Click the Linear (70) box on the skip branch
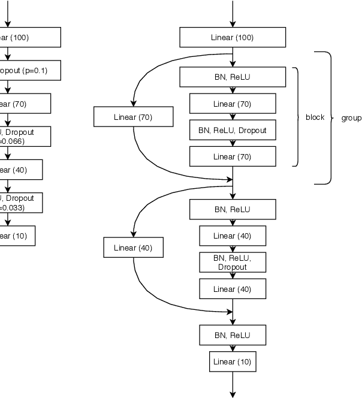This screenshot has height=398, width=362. click(x=133, y=117)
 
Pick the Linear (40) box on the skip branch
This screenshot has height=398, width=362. click(x=133, y=248)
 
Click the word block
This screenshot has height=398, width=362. click(x=315, y=117)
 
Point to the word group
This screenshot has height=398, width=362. click(x=351, y=117)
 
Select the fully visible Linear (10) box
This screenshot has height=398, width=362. click(x=233, y=361)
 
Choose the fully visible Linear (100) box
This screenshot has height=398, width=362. click(x=233, y=38)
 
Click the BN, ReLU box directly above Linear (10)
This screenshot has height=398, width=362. click(x=233, y=334)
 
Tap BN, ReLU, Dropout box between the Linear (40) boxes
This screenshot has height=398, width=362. click(x=233, y=262)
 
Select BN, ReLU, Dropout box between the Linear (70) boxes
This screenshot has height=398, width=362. click(x=233, y=130)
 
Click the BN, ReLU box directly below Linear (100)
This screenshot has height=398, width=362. click(x=233, y=77)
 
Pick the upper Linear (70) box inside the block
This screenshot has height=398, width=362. click(x=233, y=104)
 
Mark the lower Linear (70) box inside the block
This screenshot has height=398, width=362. click(x=233, y=156)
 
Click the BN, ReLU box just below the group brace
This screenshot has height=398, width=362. click(x=233, y=209)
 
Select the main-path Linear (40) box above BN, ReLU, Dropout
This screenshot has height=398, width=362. click(x=233, y=236)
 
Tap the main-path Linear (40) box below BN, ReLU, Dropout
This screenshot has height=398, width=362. click(x=233, y=289)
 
